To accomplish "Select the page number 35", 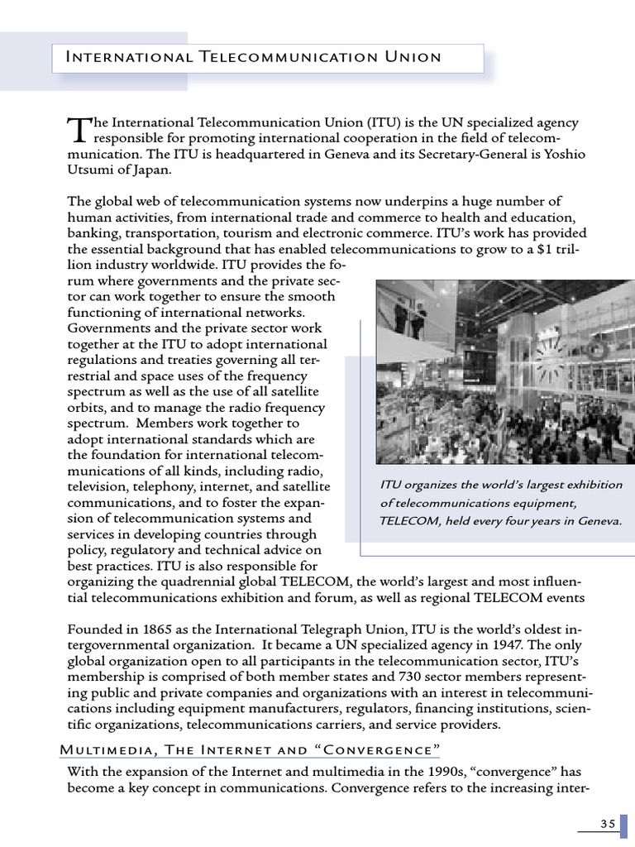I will (608, 823).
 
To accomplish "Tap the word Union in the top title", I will (404, 57).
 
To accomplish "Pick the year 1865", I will (161, 630).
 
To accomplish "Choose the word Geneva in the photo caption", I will (596, 521).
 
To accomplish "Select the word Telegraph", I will (347, 630).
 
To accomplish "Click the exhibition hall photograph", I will (505, 371).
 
